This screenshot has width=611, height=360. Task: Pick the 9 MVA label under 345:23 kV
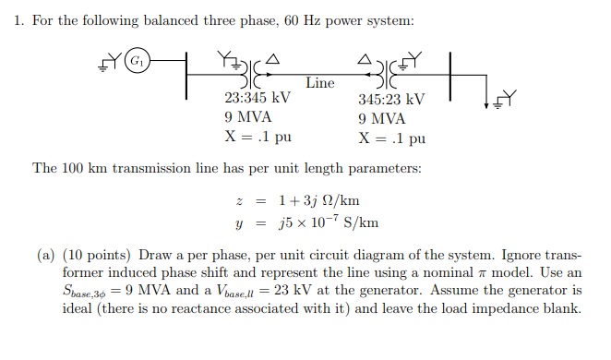[x=381, y=119]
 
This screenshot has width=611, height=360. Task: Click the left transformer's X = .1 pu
[x=259, y=138]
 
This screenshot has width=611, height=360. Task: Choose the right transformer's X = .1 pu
[x=392, y=138]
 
